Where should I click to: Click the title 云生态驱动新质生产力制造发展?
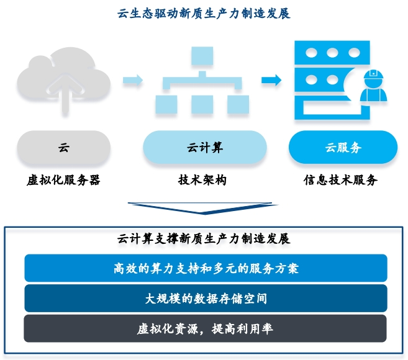[204, 13]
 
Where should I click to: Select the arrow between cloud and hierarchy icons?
[132, 80]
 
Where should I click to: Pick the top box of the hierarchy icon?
[202, 57]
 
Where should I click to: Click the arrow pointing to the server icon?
[271, 80]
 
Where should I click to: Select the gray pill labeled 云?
[63, 148]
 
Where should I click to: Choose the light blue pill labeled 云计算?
[204, 148]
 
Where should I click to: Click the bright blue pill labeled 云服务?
[343, 148]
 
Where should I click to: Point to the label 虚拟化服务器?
[63, 181]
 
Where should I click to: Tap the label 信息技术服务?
[340, 181]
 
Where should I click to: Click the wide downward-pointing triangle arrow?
[202, 207]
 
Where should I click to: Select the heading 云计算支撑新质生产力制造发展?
[204, 238]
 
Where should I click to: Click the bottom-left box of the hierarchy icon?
[165, 102]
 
